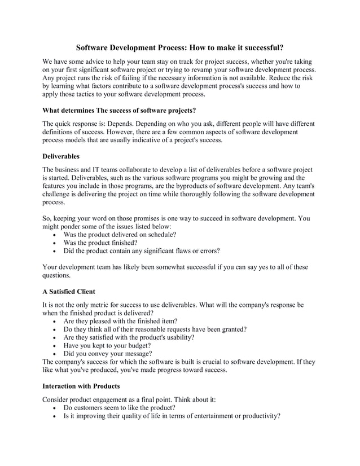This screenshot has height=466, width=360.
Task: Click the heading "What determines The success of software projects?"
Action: [119, 109]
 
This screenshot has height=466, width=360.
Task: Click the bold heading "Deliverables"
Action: [61, 155]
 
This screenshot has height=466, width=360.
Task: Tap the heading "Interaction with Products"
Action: [81, 386]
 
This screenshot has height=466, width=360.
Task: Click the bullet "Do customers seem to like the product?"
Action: [119, 407]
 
